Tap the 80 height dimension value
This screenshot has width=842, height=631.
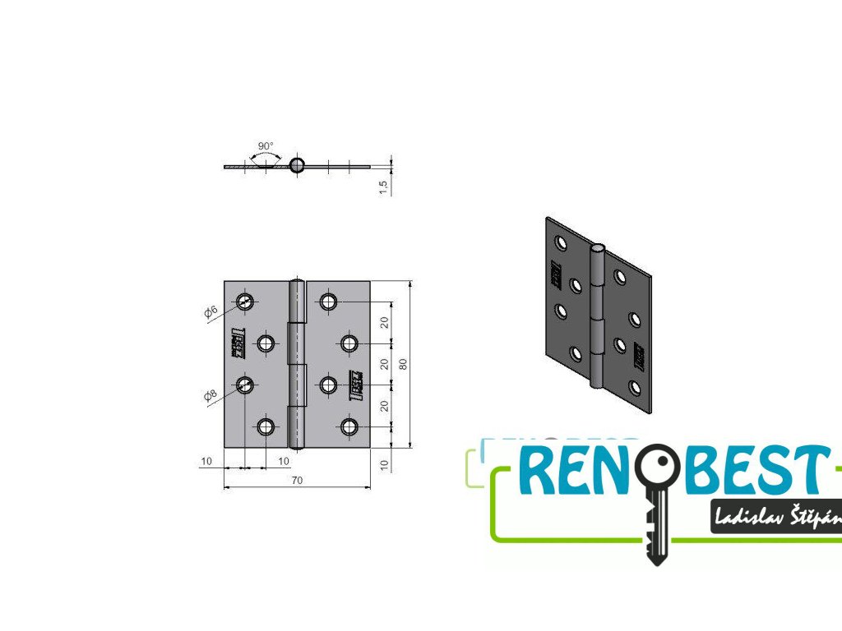(x=402, y=364)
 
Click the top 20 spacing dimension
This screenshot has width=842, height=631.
(x=384, y=322)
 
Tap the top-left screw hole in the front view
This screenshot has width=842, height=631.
(x=245, y=302)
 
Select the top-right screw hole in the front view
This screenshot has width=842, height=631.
(x=329, y=302)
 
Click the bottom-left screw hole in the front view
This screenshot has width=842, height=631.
(x=265, y=426)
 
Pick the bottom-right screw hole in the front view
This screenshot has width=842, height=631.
(x=349, y=426)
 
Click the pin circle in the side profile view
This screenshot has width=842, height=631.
(x=297, y=165)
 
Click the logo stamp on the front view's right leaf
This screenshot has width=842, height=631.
(x=356, y=385)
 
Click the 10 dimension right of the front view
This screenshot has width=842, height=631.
(x=384, y=464)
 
